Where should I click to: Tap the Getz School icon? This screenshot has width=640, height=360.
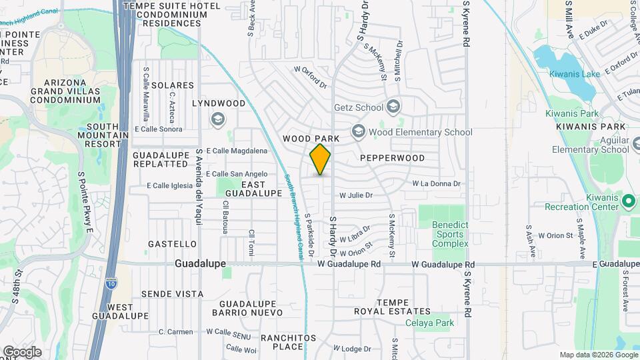click(393, 107)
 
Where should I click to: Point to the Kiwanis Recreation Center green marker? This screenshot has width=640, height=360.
click(627, 199)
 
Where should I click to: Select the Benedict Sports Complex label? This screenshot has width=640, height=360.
click(450, 235)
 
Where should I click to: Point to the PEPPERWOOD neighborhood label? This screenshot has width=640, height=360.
click(392, 158)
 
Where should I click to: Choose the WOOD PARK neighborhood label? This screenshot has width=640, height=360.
click(311, 139)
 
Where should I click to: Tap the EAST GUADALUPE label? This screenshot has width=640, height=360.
click(253, 189)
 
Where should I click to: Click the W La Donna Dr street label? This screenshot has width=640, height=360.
click(436, 183)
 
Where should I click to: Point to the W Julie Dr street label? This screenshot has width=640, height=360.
click(355, 195)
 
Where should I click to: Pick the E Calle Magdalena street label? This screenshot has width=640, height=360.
click(237, 151)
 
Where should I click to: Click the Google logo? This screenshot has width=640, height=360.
click(22, 352)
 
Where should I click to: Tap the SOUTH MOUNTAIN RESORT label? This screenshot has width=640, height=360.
click(107, 135)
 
